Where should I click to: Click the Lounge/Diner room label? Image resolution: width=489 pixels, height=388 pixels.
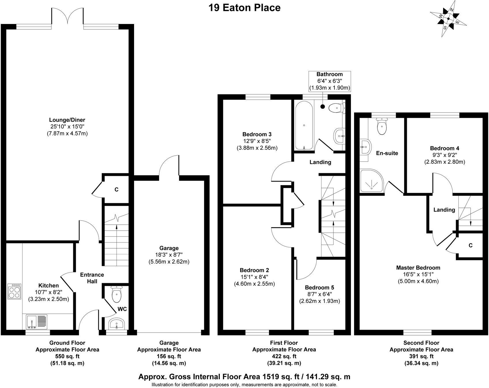point(67,120)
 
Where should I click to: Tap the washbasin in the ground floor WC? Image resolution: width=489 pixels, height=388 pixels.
point(116,324)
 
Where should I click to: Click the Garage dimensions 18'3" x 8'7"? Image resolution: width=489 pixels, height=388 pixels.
point(169,255)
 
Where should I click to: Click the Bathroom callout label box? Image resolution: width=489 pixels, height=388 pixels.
point(330,81)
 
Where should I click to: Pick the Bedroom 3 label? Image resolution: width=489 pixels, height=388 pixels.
point(257,134)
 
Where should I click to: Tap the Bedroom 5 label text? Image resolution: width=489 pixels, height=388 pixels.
point(319,288)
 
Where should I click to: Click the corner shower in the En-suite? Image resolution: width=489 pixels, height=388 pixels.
point(371,181)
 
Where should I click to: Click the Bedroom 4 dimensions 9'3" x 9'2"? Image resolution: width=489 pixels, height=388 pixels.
point(444,155)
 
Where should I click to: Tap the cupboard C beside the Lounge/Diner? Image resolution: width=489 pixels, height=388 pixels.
point(116,190)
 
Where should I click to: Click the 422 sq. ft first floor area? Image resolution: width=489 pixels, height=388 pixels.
point(284,356)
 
